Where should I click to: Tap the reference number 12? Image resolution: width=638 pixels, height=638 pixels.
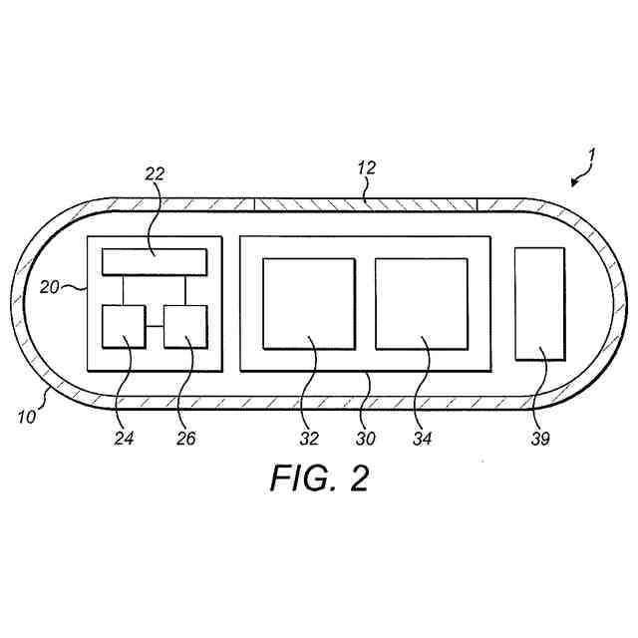(366, 168)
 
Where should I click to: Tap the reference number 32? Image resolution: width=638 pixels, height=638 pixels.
(311, 437)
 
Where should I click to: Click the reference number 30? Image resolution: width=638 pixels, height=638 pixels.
(368, 437)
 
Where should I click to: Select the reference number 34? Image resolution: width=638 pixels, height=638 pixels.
(424, 437)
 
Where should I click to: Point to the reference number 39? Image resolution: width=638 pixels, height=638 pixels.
(540, 437)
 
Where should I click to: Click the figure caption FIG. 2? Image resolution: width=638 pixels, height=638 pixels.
(319, 478)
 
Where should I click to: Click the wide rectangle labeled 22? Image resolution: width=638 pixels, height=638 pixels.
(155, 263)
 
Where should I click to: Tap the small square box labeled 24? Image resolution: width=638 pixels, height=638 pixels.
(124, 327)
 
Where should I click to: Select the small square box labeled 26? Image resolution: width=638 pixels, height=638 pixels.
(185, 327)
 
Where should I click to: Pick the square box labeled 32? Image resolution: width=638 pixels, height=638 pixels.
(309, 303)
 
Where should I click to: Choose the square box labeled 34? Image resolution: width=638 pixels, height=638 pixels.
(422, 303)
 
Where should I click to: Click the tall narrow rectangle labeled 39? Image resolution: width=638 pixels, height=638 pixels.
(539, 302)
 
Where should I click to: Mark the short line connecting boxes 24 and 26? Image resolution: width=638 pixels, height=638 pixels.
(155, 327)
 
